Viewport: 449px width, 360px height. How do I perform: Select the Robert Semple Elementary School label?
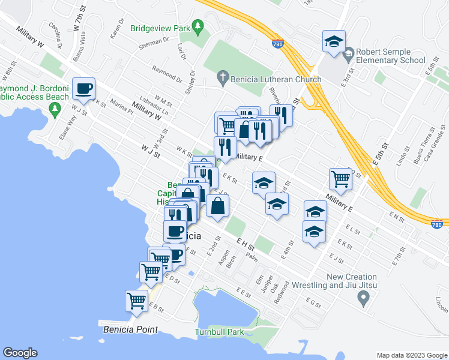click(391, 56)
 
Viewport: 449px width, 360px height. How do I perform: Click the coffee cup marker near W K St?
click(83, 89)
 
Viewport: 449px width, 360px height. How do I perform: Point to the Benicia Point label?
click(131, 329)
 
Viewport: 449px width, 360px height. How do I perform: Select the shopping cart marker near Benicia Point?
click(137, 300)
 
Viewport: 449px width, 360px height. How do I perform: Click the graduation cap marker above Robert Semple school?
click(334, 41)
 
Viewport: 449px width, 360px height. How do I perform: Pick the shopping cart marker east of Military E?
click(340, 178)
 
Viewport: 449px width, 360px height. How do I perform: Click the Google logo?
click(20, 353)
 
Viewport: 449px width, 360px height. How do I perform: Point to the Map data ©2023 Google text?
click(411, 355)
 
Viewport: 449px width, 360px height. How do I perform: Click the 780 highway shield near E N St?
click(437, 223)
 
